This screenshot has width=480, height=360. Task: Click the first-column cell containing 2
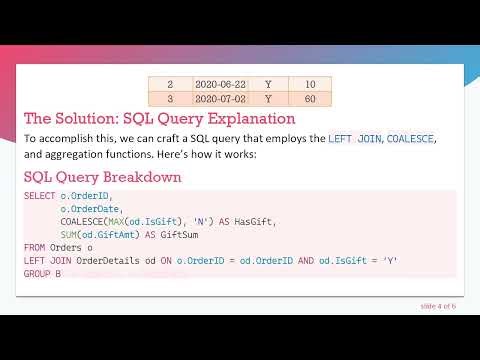[x=170, y=85]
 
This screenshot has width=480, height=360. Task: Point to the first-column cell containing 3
[x=170, y=99]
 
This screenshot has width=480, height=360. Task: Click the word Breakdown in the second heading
[x=140, y=177]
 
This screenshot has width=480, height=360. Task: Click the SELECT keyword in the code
[x=39, y=196]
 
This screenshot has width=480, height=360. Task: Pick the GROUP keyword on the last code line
[x=37, y=273]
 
